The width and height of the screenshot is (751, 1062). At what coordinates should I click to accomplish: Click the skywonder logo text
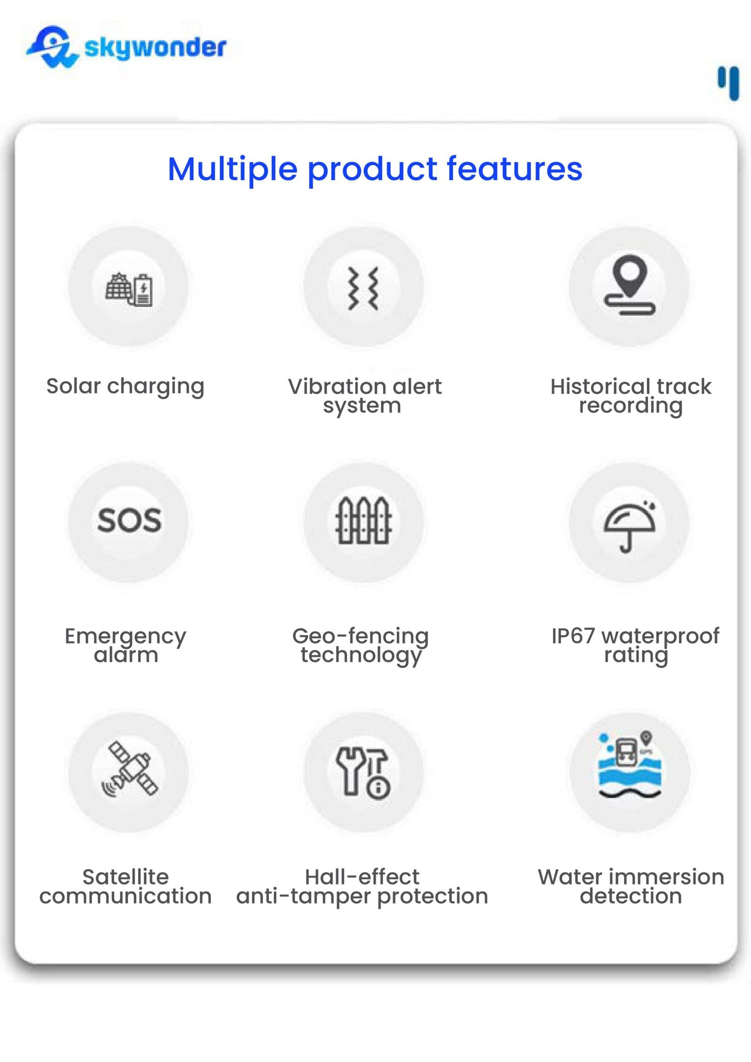[x=155, y=48]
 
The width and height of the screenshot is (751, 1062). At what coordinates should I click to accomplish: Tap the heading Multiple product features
[x=375, y=169]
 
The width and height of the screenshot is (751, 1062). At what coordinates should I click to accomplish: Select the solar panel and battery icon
[x=129, y=289]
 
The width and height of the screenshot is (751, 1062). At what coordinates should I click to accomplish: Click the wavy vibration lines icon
[x=363, y=289]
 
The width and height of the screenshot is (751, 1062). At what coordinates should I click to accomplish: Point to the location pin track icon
[x=629, y=284]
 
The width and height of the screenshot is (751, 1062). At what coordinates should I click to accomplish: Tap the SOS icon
[x=129, y=520]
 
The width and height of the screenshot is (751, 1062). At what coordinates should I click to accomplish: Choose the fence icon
[x=363, y=520]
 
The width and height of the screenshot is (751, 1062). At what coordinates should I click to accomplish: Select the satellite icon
[x=130, y=769]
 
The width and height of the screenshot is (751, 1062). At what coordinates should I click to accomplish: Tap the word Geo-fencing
[x=360, y=637]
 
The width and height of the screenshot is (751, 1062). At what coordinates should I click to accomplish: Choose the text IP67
[x=573, y=636]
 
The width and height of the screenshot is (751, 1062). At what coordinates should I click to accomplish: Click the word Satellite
[x=125, y=877]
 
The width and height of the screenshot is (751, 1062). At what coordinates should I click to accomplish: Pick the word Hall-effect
[x=362, y=877]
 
